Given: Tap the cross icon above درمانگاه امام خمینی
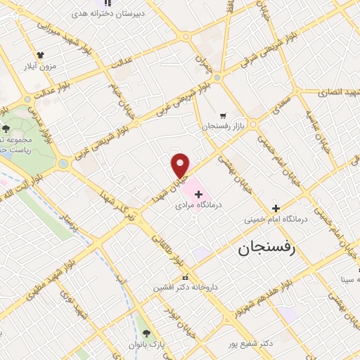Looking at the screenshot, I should [276, 208].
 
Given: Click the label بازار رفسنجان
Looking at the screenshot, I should [223, 126].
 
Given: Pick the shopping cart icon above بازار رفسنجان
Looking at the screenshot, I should [223, 115].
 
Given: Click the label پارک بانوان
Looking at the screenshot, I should [145, 345].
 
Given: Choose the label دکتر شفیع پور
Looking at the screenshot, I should [255, 343].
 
